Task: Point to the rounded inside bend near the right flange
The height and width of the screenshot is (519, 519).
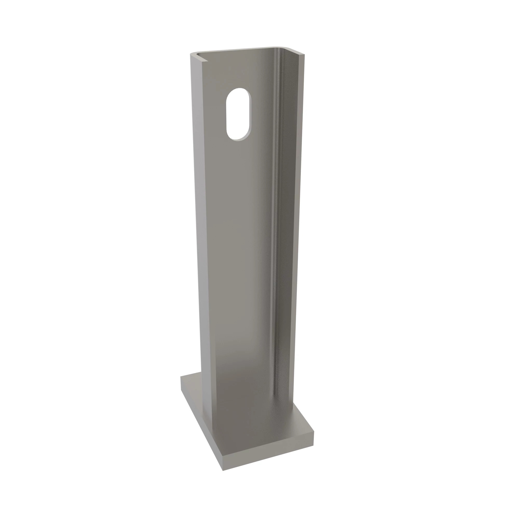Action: pyautogui.click(x=277, y=215)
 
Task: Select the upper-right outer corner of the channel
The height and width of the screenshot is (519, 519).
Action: pyautogui.click(x=304, y=55)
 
